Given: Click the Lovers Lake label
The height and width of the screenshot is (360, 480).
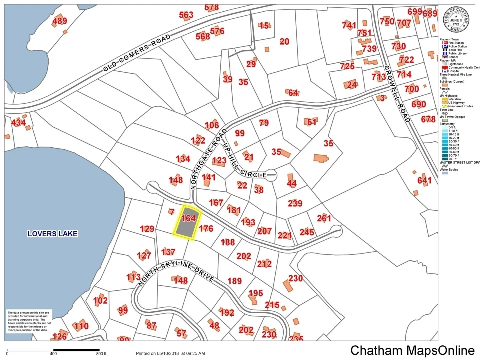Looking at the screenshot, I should pos(53,233).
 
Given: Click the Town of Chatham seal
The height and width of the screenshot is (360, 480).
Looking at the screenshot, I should pos(455,19).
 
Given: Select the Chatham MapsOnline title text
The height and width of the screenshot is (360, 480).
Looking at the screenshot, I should pos(412,350).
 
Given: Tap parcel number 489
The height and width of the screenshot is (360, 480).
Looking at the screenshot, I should pos(59,21).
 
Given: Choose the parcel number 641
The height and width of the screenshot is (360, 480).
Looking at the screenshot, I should pos(424,180).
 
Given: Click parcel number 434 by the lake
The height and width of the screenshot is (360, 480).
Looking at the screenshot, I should pos(18,123).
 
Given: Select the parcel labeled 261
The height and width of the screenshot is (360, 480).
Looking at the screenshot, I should pos(324,218).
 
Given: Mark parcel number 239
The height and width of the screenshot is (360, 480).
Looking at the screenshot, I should pos(295,203).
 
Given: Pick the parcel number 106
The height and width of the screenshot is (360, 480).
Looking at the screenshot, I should pos(212,125).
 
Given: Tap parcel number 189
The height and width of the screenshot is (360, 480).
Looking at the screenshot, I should pos(234,281).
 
